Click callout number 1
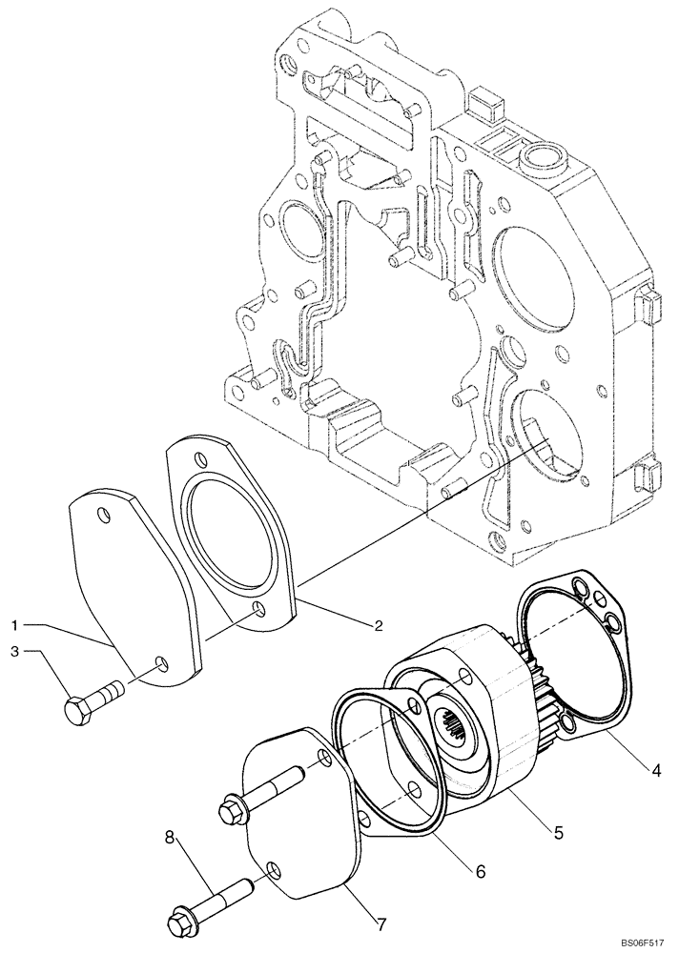click(16, 624)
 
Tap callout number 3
click(16, 652)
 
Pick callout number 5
click(559, 831)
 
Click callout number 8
click(171, 838)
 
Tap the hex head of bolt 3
click(77, 710)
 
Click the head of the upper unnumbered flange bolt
click(233, 811)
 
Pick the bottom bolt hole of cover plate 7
click(275, 869)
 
